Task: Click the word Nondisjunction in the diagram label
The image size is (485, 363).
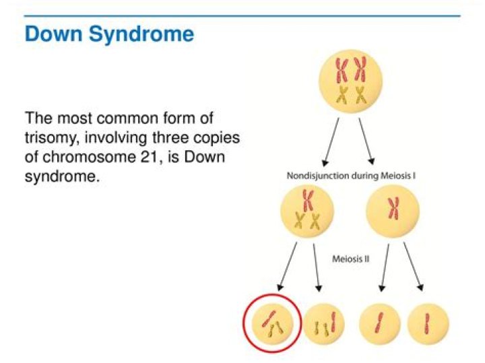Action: tap(318, 176)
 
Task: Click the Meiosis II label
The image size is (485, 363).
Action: tap(351, 259)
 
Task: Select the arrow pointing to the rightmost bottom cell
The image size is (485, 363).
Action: tap(414, 269)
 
